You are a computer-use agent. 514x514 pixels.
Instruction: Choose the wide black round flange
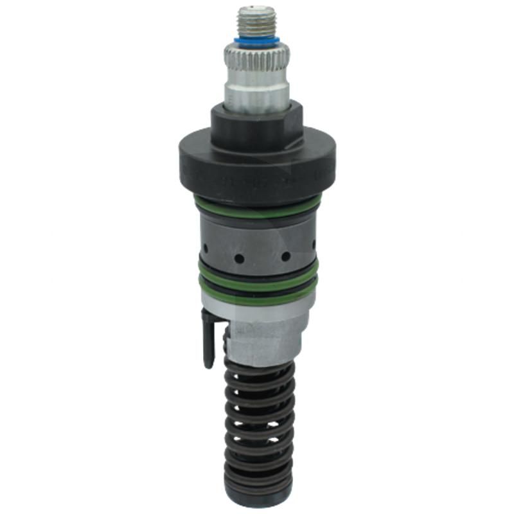point(256,161)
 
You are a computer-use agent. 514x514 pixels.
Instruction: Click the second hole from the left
point(238,258)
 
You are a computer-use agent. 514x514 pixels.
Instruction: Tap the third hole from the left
point(285,256)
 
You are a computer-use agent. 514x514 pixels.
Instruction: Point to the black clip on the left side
point(208,337)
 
